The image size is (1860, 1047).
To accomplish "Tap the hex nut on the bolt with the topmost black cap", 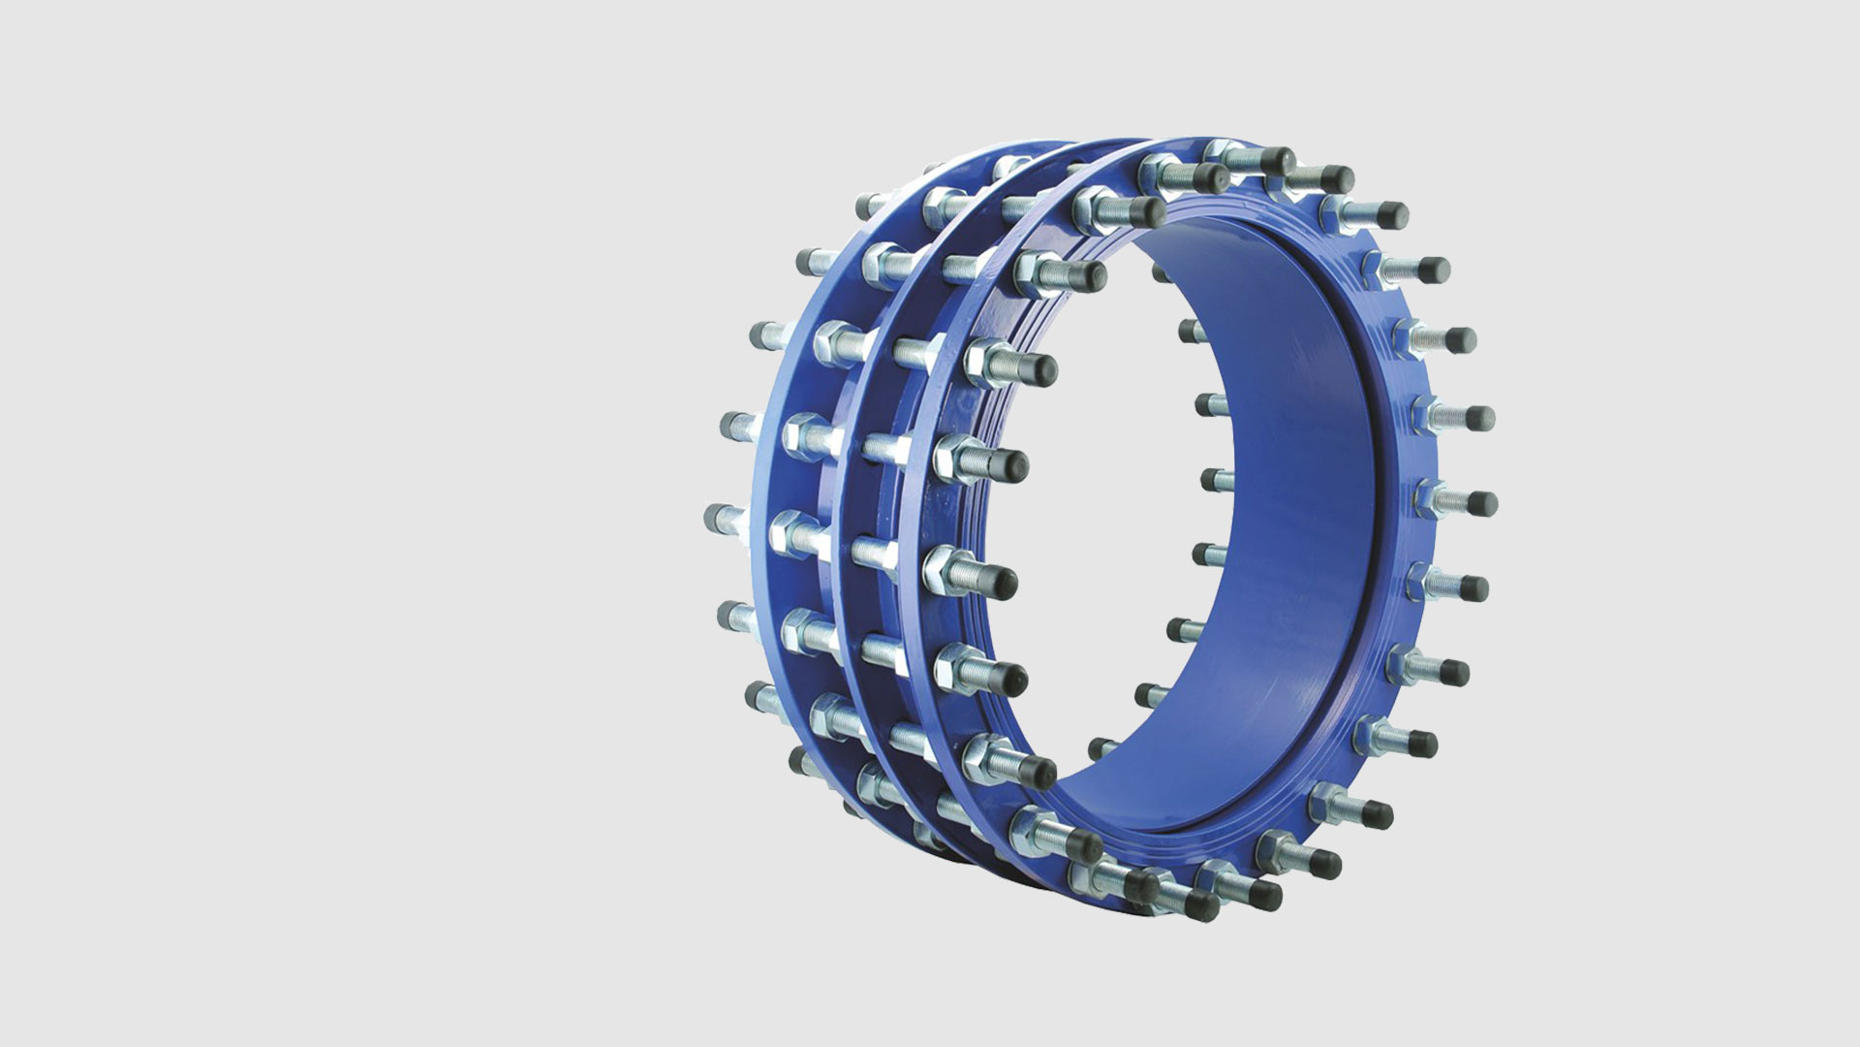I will click(1223, 152).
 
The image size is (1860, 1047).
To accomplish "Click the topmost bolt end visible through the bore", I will click(1163, 272).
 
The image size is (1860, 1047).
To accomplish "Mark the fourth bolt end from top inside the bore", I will click(1211, 478).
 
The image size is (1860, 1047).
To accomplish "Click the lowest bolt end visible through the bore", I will click(1100, 747).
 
